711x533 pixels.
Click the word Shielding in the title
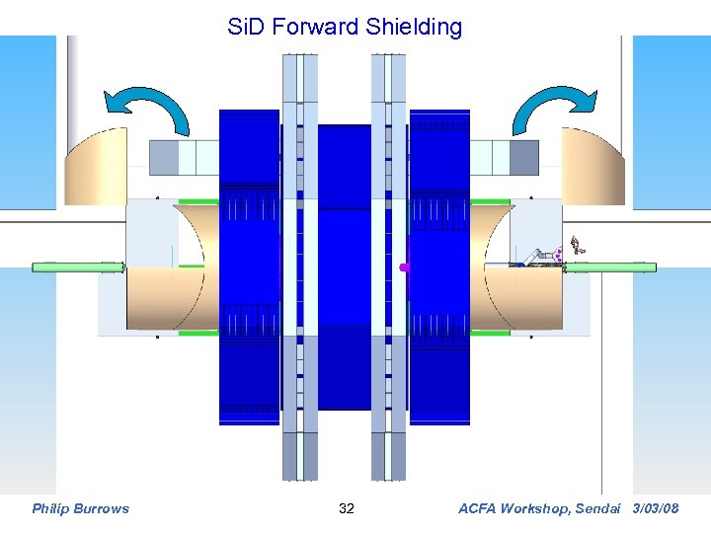coord(414,27)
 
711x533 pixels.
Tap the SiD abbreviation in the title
coord(247,27)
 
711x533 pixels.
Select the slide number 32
coord(347,508)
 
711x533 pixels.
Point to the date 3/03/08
coord(656,508)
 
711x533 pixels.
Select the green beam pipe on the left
coord(78,266)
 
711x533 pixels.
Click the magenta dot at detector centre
coord(403,266)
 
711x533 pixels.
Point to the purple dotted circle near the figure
coord(559,254)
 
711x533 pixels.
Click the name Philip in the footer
coord(50,508)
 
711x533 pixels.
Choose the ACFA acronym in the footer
coord(480,508)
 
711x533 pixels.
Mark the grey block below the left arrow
coord(184,157)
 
